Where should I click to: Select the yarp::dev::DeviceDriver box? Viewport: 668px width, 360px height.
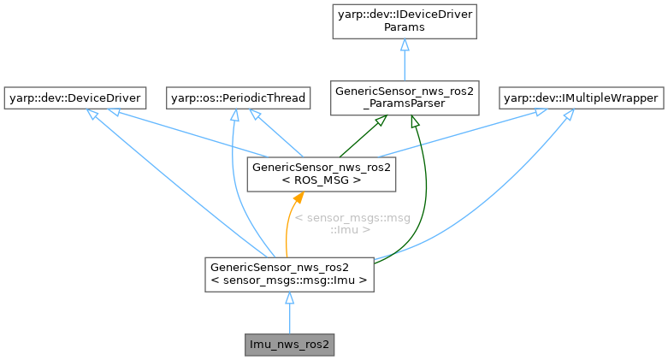74,98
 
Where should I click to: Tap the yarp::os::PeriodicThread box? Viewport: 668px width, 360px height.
236,98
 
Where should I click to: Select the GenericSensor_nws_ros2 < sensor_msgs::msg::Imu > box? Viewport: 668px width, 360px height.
290,273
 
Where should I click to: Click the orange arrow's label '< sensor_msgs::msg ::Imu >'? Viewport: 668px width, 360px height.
352,224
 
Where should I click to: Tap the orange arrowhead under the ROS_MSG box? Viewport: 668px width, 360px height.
297,198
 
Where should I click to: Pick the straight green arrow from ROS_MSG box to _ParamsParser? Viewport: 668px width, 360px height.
355,137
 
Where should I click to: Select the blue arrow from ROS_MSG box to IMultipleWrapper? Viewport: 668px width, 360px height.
479,133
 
